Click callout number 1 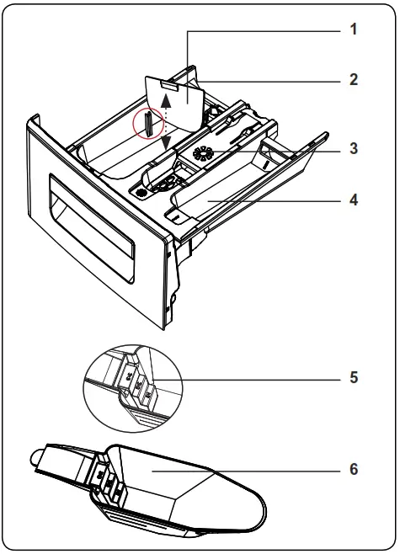[354, 29]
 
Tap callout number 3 [354, 150]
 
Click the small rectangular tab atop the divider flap [169, 84]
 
